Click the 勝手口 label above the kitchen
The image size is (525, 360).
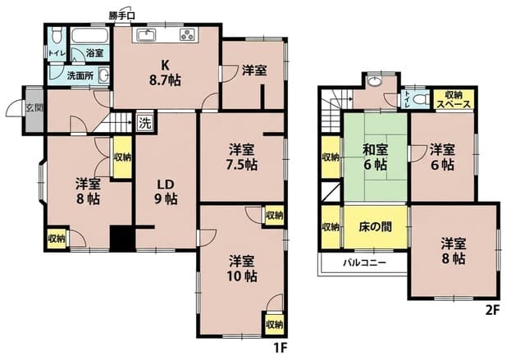pyautogui.click(x=122, y=16)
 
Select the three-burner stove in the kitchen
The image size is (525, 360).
pyautogui.click(x=187, y=34)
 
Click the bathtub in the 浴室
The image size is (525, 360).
pyautogui.click(x=90, y=35)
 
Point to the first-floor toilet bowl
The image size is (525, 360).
pyautogui.click(x=57, y=35)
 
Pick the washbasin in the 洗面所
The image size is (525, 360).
pyautogui.click(x=104, y=75)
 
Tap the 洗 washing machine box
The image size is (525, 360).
pyautogui.click(x=145, y=123)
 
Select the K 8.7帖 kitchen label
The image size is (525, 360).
pyautogui.click(x=165, y=73)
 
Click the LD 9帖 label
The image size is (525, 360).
pyautogui.click(x=166, y=192)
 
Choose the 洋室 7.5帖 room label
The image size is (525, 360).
pyautogui.click(x=242, y=157)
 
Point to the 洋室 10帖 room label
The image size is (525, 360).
pyautogui.click(x=242, y=268)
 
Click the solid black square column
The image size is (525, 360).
pyautogui.click(x=122, y=238)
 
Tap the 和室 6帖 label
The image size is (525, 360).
pyautogui.click(x=376, y=157)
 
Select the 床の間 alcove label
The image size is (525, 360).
pyautogui.click(x=376, y=227)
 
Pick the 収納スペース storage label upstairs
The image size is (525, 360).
pyautogui.click(x=454, y=99)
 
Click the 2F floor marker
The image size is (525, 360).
pyautogui.click(x=492, y=311)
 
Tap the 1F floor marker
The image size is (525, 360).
pyautogui.click(x=281, y=349)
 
